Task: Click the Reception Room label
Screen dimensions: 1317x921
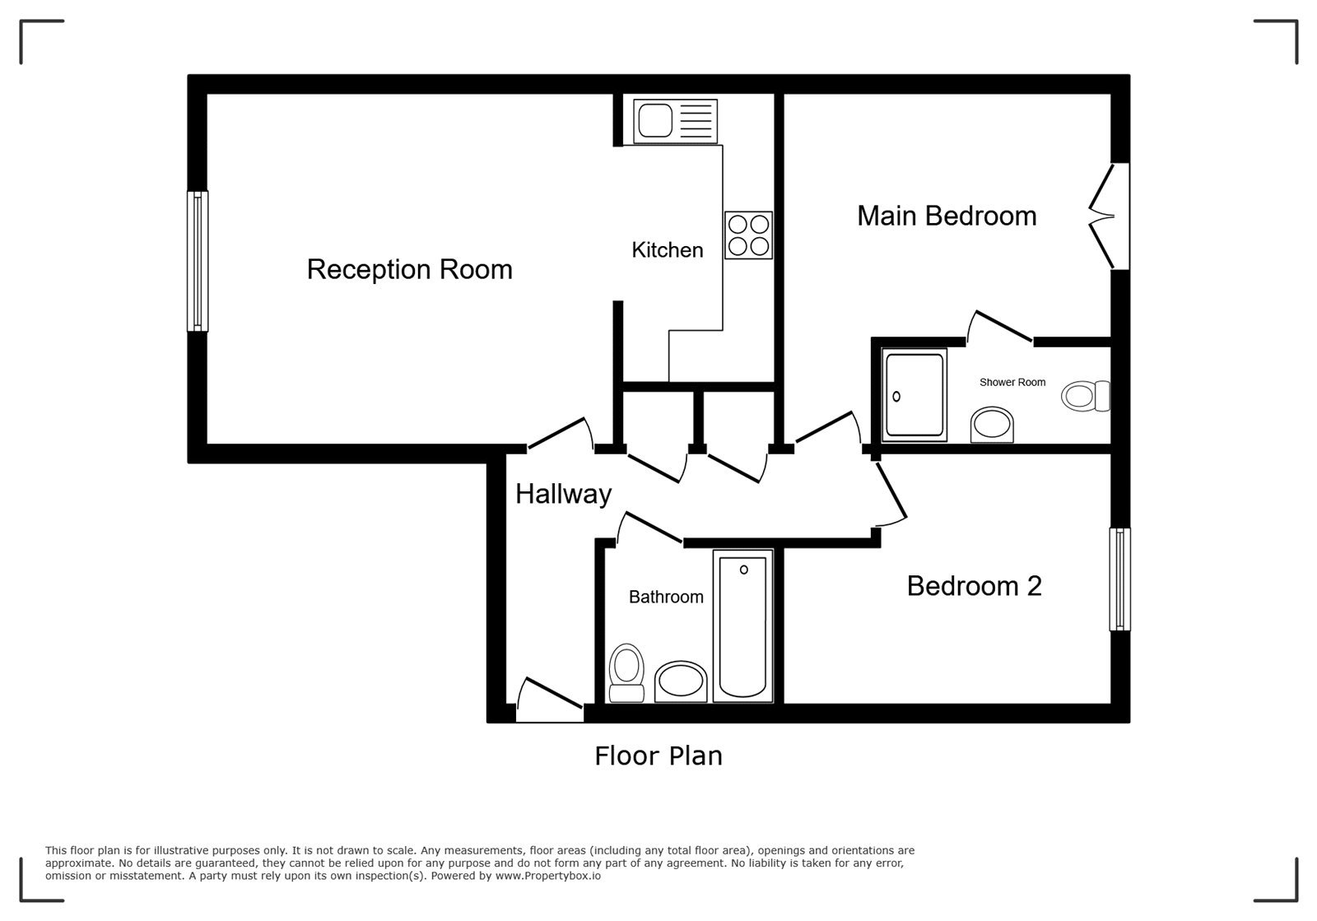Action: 410,269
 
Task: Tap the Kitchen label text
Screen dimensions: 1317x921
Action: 668,249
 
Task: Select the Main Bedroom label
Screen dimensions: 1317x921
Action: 947,216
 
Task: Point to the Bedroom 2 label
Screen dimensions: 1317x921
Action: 975,586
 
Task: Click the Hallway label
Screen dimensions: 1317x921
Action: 563,495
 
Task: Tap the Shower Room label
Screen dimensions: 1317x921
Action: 1012,382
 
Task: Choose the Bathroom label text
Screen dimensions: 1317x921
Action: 666,598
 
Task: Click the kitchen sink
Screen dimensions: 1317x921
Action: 675,121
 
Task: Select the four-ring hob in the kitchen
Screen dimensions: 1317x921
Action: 748,235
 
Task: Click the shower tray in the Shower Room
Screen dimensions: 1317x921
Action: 914,395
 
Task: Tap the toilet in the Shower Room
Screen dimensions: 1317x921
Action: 1086,396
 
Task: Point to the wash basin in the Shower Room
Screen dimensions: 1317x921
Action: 992,425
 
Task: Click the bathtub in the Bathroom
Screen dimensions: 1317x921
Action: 742,626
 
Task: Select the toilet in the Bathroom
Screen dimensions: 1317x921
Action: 626,673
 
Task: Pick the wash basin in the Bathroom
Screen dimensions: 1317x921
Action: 681,681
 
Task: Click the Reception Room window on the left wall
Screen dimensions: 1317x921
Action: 198,261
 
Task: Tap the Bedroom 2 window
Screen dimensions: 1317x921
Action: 1119,579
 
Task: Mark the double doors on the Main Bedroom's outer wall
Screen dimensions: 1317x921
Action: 1109,216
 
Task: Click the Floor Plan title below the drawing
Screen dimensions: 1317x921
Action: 658,756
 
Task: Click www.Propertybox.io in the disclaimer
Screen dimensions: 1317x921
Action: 548,876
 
